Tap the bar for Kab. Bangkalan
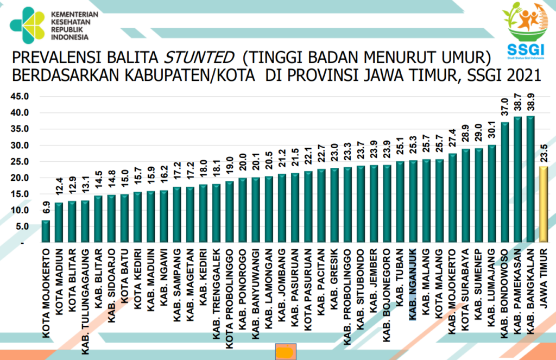(531, 179)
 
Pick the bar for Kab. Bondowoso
(505, 182)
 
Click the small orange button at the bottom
(285, 352)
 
